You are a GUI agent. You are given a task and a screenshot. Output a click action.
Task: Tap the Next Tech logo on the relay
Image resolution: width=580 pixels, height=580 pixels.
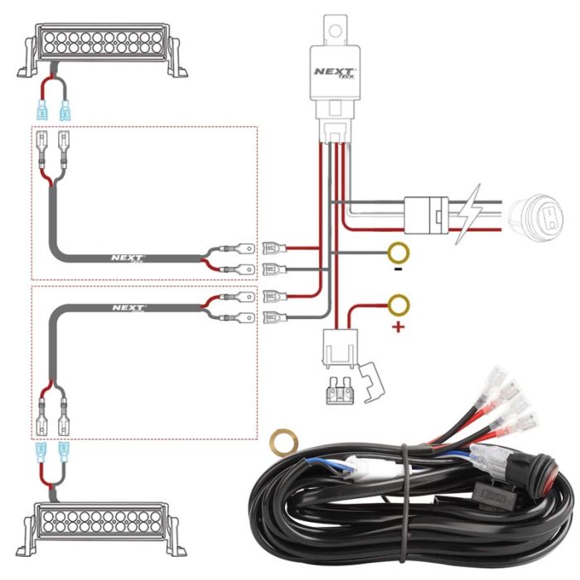336,73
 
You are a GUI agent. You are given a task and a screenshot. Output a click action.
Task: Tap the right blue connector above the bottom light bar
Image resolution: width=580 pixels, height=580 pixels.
64,452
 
